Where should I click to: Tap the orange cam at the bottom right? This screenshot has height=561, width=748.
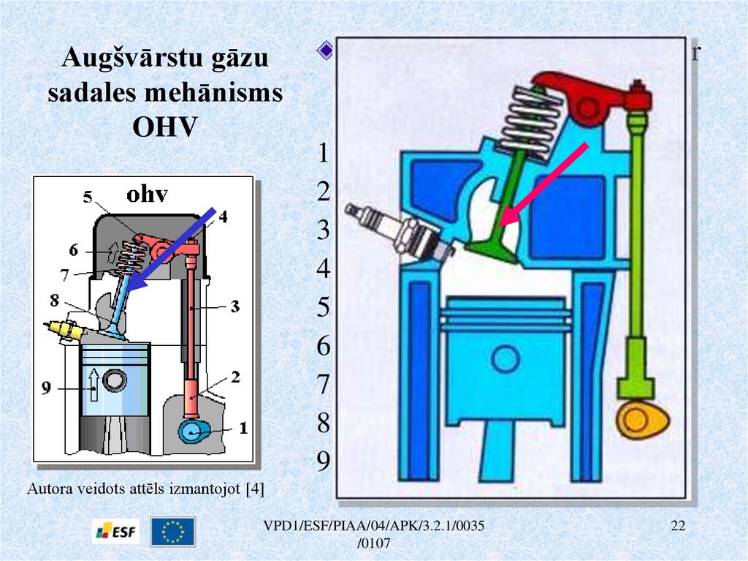click(x=643, y=420)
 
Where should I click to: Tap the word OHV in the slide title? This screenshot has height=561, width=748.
click(x=164, y=126)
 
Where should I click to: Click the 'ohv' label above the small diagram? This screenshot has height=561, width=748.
click(x=147, y=195)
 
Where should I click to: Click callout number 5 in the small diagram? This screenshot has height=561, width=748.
click(x=87, y=196)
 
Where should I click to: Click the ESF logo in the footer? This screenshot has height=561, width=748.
click(x=115, y=530)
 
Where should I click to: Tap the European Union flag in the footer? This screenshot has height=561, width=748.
click(x=173, y=531)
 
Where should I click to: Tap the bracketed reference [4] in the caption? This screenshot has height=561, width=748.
click(x=256, y=488)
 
